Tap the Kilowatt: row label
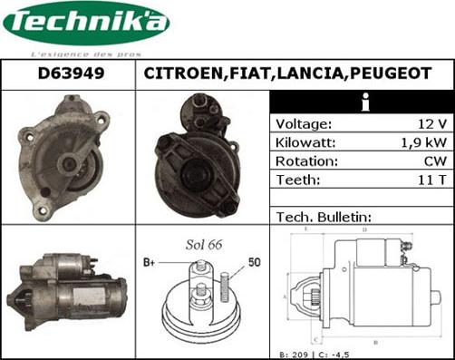306,142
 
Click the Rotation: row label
306,161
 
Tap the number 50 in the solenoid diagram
256,262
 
